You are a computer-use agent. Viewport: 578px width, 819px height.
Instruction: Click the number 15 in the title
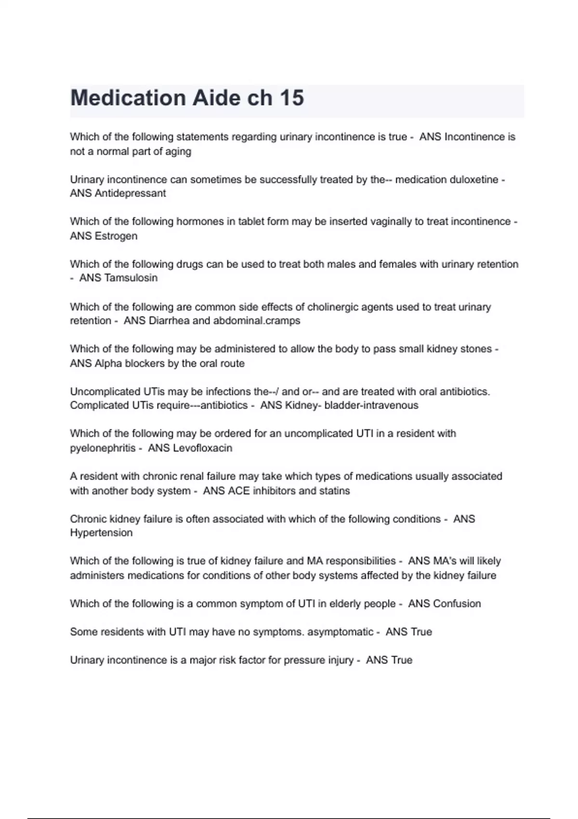pos(291,98)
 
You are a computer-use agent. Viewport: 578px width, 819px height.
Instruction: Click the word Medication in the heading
pos(128,98)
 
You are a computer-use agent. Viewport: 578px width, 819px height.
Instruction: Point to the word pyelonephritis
pos(103,448)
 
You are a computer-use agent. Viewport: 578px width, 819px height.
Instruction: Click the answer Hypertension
pos(101,533)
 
